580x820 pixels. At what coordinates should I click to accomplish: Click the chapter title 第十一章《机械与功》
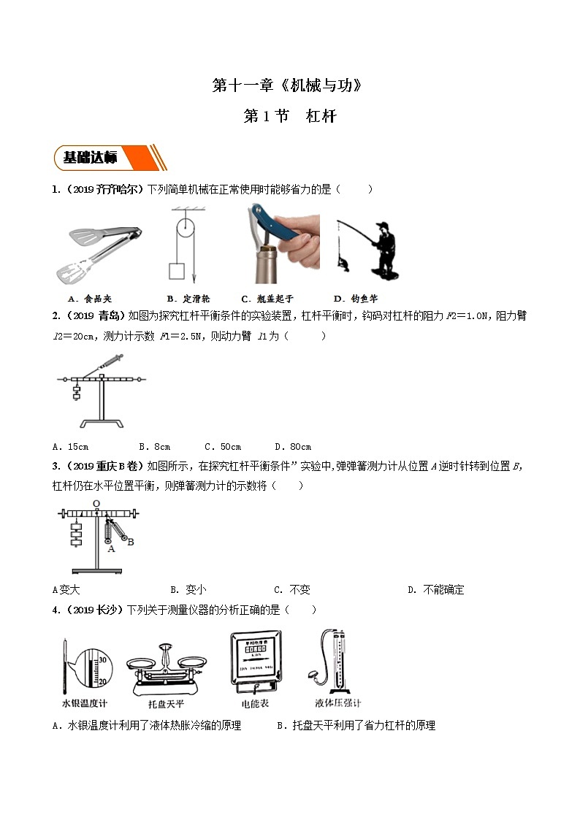coord(287,85)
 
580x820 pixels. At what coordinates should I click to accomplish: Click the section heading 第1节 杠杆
coord(289,116)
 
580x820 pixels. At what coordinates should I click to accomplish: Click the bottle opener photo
coord(280,244)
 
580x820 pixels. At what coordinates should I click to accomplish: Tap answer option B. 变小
coord(188,589)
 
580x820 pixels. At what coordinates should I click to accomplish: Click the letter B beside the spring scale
coord(130,541)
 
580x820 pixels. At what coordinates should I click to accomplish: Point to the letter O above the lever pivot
coord(95,503)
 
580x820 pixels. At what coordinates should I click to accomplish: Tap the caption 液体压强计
coord(337,703)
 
